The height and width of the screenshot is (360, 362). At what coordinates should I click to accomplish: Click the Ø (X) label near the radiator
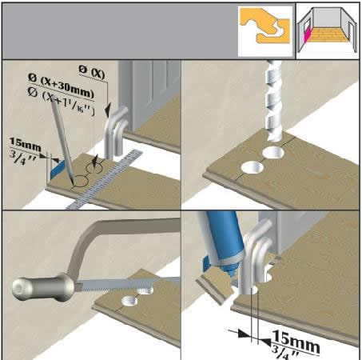point(92,72)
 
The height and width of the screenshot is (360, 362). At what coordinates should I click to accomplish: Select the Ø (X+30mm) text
point(62,86)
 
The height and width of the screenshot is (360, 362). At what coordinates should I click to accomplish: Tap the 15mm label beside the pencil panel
point(26,144)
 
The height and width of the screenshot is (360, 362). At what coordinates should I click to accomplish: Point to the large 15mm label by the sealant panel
point(296,340)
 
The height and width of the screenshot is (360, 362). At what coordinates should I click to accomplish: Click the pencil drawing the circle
point(62,141)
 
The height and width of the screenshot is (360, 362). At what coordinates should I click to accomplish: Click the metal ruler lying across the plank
point(104,179)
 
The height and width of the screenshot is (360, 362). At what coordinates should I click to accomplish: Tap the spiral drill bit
point(273,101)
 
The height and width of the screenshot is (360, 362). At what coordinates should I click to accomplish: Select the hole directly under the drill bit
point(273,152)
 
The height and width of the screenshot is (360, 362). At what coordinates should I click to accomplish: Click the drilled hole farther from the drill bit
point(252,167)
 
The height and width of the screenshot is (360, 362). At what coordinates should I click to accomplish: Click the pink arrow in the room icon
point(308,34)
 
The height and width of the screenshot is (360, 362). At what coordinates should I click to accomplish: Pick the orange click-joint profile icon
point(265,26)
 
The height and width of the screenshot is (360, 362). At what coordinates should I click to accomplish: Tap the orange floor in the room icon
point(328,35)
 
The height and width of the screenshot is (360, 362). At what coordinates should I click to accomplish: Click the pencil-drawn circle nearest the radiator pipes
point(94,168)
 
